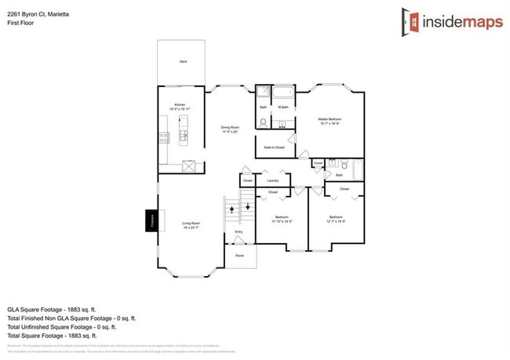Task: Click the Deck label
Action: pyautogui.click(x=183, y=61)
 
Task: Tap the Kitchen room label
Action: pyautogui.click(x=180, y=105)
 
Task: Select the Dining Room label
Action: pyautogui.click(x=229, y=127)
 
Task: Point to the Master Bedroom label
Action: pyautogui.click(x=330, y=119)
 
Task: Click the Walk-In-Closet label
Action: pyautogui.click(x=274, y=147)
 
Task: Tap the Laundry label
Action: pyautogui.click(x=273, y=180)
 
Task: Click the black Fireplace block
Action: pyautogui.click(x=150, y=221)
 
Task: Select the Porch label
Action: pyautogui.click(x=239, y=256)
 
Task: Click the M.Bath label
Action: pyautogui.click(x=283, y=107)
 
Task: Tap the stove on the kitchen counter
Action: pyautogui.click(x=165, y=137)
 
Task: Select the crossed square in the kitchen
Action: pyautogui.click(x=189, y=165)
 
